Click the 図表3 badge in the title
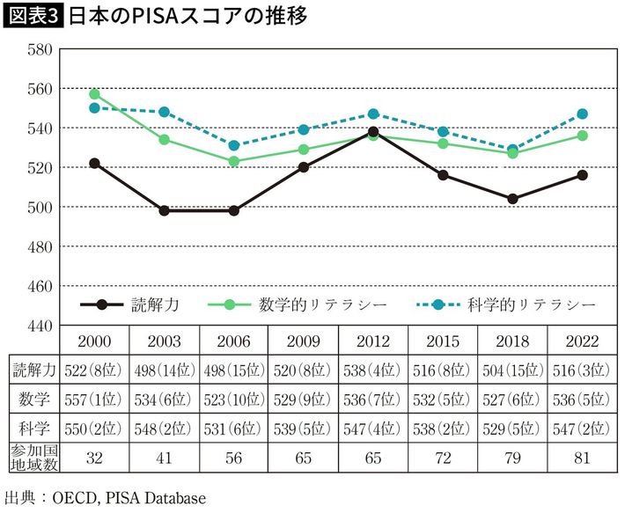(33, 17)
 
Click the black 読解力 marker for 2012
(373, 132)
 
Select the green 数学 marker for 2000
(94, 94)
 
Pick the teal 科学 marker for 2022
(583, 114)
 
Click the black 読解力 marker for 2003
(165, 210)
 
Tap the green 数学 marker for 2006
(234, 161)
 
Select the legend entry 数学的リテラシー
(299, 304)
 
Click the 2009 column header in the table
(304, 341)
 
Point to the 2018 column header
(513, 341)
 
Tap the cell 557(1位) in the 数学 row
(94, 401)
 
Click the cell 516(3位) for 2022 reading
(583, 370)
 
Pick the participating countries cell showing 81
(583, 458)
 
